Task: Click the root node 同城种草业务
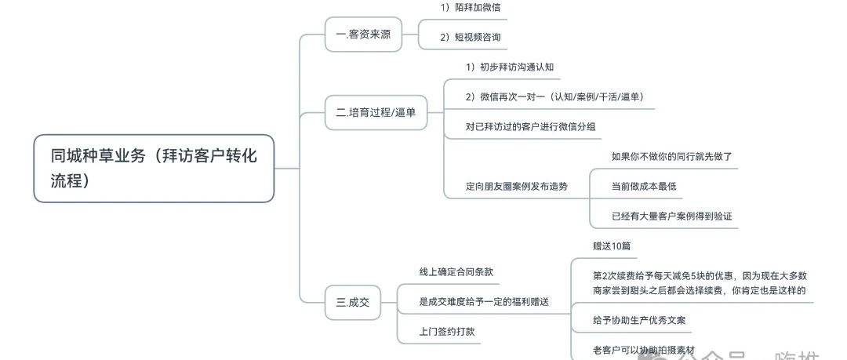click(154, 168)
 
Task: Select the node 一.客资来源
click(363, 34)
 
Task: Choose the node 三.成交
click(352, 301)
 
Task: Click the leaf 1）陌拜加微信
click(471, 7)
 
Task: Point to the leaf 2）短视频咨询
click(471, 37)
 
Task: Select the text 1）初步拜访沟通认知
click(510, 67)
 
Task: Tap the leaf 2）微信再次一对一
click(554, 96)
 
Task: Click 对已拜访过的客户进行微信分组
click(533, 126)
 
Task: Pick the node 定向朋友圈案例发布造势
click(517, 187)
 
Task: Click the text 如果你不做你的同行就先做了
click(672, 156)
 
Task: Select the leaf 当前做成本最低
click(644, 186)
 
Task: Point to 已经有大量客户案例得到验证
click(672, 216)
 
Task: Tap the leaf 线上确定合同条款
click(456, 271)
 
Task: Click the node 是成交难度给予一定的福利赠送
click(484, 301)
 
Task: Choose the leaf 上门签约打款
click(447, 331)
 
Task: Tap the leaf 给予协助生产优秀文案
click(642, 320)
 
